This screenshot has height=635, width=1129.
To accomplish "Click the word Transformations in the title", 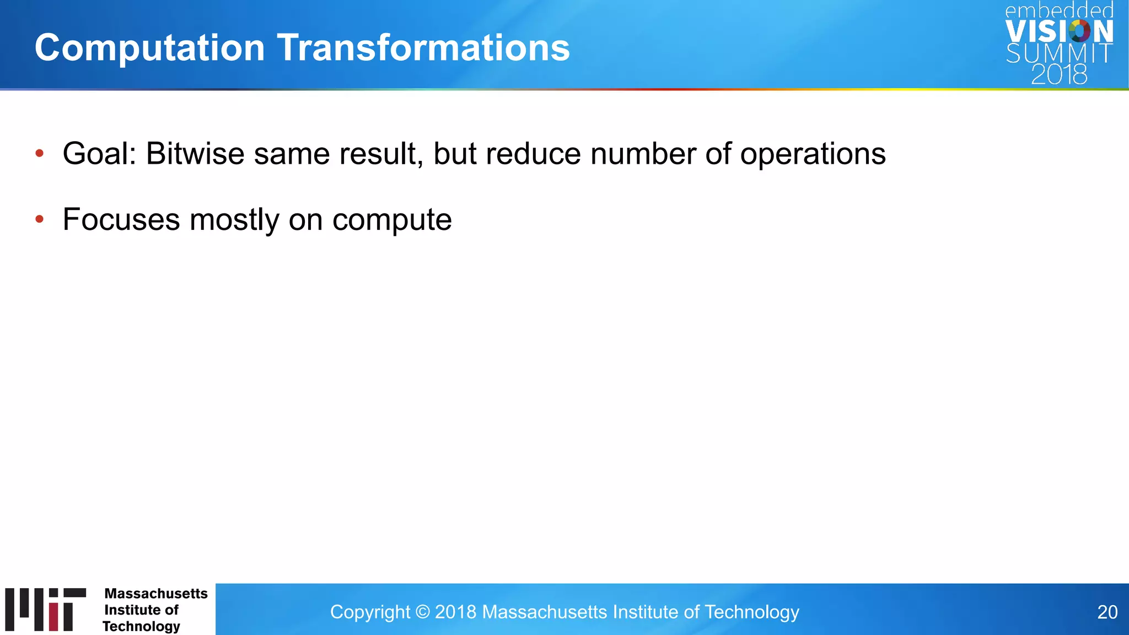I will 423,47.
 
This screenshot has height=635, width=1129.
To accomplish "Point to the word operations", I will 813,154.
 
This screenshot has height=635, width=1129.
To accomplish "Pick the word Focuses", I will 121,219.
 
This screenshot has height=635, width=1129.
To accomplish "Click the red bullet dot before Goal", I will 39,153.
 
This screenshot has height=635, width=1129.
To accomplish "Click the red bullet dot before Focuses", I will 39,219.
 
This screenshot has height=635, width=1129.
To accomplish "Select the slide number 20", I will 1107,612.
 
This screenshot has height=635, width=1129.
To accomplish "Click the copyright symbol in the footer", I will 422,612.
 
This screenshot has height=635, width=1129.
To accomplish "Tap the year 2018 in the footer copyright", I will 455,612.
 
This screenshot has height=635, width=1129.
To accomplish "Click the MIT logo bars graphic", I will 46,609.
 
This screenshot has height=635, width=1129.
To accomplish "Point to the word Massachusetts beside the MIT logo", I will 156,594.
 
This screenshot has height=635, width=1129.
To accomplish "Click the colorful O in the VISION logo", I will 1079,31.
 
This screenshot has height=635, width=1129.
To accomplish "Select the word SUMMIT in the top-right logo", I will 1058,53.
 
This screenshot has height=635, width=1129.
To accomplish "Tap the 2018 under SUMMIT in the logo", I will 1059,74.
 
